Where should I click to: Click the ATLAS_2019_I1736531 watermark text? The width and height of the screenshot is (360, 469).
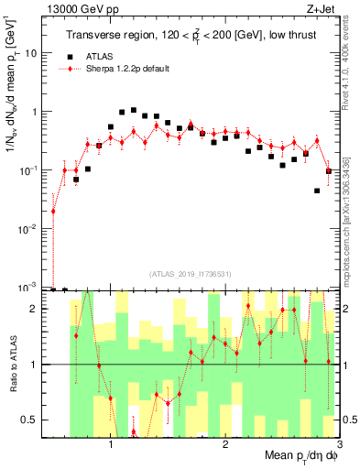(191, 274)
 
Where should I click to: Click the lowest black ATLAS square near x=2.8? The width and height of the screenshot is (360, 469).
(317, 191)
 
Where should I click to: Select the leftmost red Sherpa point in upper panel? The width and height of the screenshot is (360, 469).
(53, 211)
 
